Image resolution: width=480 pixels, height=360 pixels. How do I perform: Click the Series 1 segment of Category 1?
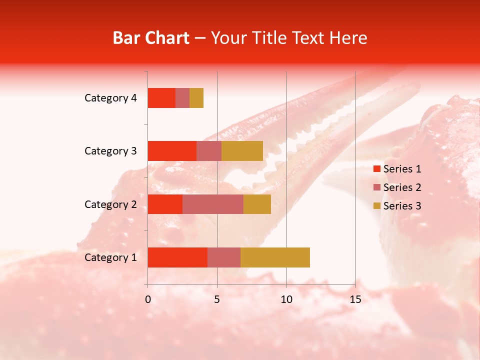[x=177, y=257]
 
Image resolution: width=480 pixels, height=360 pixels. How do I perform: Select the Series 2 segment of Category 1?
[x=224, y=257]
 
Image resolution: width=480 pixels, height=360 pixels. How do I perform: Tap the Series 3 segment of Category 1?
[x=275, y=257]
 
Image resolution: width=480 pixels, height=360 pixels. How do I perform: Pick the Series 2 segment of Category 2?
[x=213, y=204]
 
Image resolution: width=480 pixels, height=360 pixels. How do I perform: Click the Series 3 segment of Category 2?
[x=257, y=204]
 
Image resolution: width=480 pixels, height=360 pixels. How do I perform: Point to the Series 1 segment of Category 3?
[x=172, y=151]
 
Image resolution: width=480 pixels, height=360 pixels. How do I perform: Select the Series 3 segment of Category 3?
[x=242, y=151]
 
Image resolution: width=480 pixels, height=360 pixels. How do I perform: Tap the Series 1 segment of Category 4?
[x=161, y=98]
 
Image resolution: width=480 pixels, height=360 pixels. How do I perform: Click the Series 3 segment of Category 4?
[x=196, y=98]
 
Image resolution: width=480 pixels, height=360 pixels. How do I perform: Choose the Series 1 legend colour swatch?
[x=376, y=169]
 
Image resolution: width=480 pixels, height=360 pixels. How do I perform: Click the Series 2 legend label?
[x=402, y=187]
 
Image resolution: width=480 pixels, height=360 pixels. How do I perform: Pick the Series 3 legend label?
[x=402, y=206]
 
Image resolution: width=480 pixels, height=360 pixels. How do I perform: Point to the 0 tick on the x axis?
[x=148, y=299]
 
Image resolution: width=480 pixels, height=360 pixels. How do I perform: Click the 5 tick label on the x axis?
[x=217, y=299]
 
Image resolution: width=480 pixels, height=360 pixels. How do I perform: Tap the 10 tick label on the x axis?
[x=286, y=299]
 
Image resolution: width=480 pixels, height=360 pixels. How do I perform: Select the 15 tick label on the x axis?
[x=355, y=299]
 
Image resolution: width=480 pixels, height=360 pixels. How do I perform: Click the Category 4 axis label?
[x=110, y=98]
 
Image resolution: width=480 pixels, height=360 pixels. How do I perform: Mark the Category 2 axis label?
[x=110, y=204]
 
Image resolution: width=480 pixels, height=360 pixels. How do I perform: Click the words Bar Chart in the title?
[x=151, y=38]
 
